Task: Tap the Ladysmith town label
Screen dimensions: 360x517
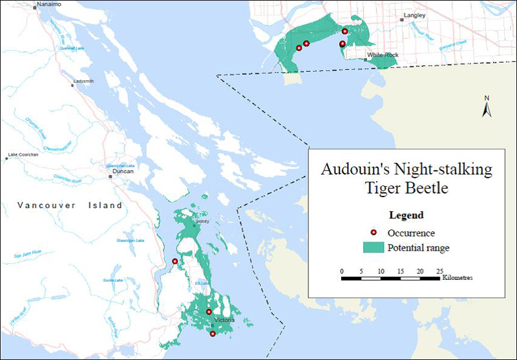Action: click(83, 81)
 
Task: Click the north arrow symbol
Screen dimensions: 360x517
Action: click(487, 107)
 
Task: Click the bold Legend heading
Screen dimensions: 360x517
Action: click(406, 215)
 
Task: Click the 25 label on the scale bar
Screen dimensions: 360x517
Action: click(439, 271)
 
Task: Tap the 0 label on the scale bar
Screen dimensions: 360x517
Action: click(342, 271)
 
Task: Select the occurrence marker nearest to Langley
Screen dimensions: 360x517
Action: click(344, 31)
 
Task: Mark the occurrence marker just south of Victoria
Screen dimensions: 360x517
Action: click(213, 334)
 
